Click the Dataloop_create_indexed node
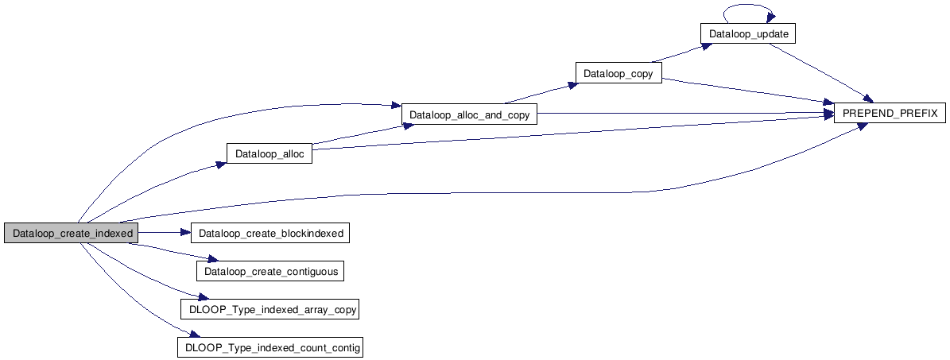tap(70, 233)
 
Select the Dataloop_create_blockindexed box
tap(270, 233)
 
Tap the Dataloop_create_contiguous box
tap(271, 271)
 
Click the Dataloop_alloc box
tap(269, 153)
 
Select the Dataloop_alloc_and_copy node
tap(469, 114)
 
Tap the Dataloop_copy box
tap(618, 74)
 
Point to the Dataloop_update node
tap(747, 34)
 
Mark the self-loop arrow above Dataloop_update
tap(747, 9)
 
